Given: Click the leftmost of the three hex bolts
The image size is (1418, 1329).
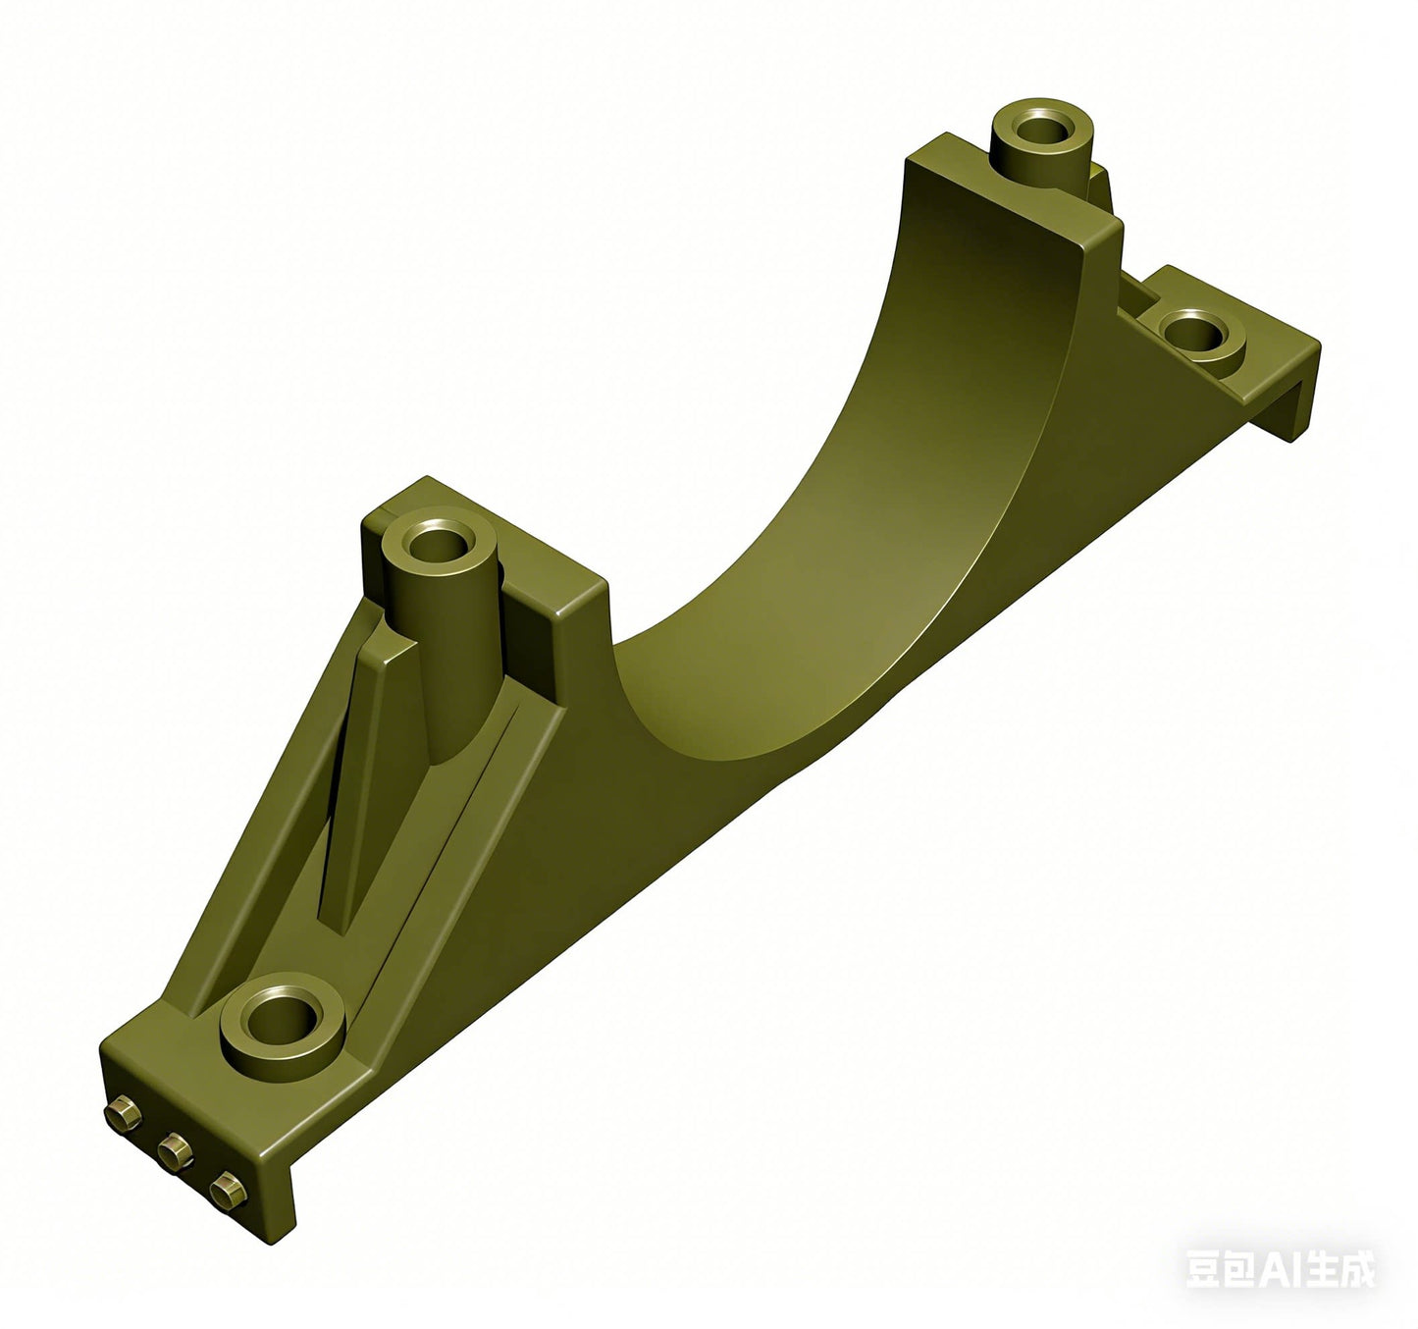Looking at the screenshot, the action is tap(124, 1113).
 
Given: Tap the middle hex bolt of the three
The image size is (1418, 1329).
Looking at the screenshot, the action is tap(175, 1151).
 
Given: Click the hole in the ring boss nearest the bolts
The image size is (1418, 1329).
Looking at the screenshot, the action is tap(282, 1018).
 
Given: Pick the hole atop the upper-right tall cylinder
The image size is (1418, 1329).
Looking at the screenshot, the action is tap(1042, 131).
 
